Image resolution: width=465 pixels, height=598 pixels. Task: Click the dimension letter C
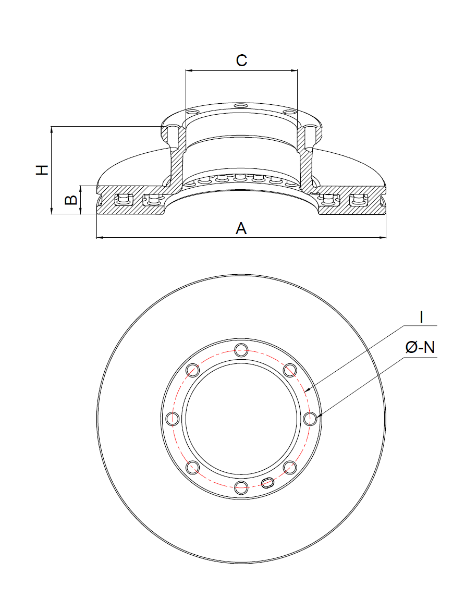pyautogui.click(x=241, y=60)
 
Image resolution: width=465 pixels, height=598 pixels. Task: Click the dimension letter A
pyautogui.click(x=241, y=228)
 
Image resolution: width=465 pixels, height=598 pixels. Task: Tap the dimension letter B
pyautogui.click(x=71, y=200)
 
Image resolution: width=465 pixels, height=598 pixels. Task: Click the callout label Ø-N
pyautogui.click(x=420, y=347)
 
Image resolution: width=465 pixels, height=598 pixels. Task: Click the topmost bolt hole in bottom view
pyautogui.click(x=241, y=350)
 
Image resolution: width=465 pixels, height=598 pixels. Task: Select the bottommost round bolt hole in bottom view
pyautogui.click(x=241, y=487)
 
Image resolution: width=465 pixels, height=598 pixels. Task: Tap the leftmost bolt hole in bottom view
pyautogui.click(x=172, y=419)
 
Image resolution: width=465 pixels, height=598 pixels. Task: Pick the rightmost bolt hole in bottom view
pyautogui.click(x=310, y=419)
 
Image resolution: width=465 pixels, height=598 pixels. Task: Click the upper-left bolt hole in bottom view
pyautogui.click(x=192, y=370)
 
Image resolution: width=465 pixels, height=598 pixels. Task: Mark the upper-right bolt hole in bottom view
pyautogui.click(x=290, y=370)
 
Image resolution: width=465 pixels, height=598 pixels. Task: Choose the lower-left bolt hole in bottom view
pyautogui.click(x=192, y=467)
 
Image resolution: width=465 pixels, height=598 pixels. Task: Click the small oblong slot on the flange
pyautogui.click(x=268, y=482)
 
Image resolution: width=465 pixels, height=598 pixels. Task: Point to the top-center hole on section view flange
pyautogui.click(x=241, y=106)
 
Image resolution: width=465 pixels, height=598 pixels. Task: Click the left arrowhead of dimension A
pyautogui.click(x=100, y=238)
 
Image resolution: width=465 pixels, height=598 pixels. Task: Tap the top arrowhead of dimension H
pyautogui.click(x=52, y=129)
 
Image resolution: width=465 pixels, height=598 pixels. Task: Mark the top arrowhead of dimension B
pyautogui.click(x=81, y=188)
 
